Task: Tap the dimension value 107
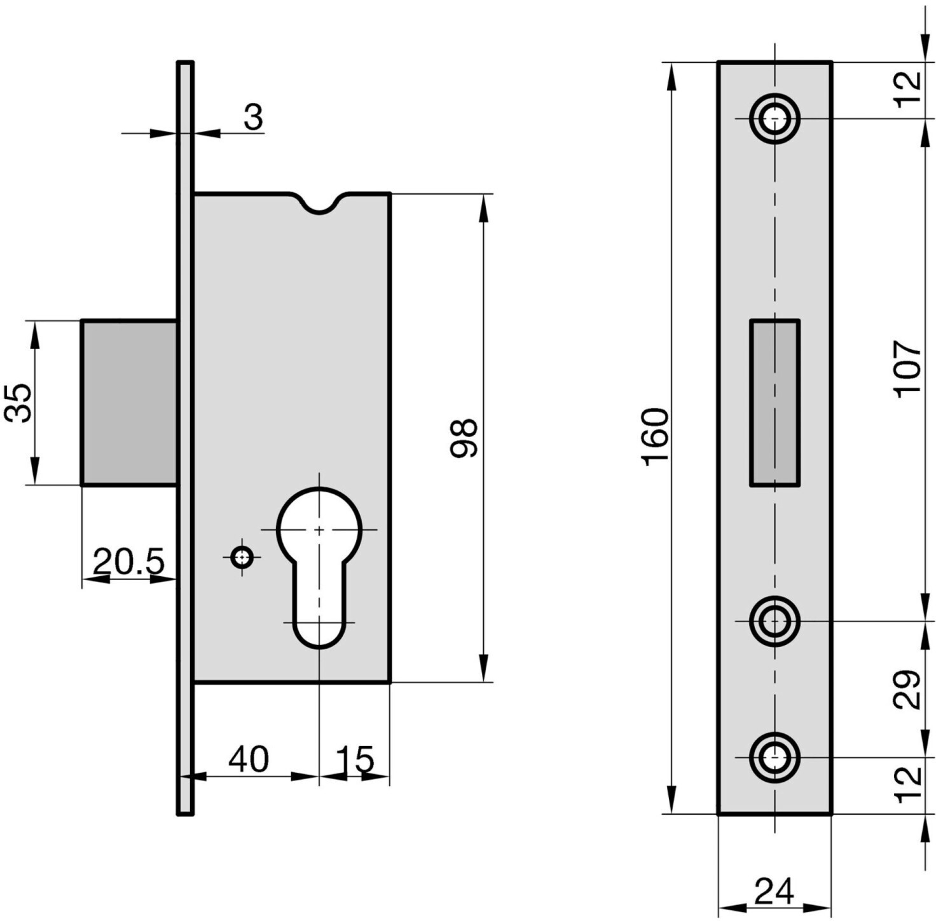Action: point(907,370)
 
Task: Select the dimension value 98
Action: point(463,438)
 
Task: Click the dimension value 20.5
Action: point(128,560)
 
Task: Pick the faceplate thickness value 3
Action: point(253,118)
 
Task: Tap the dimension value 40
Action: point(249,759)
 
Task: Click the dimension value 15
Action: point(355,759)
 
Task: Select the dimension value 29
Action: point(907,689)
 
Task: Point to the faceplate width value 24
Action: point(774,891)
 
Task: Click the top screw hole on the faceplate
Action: point(774,118)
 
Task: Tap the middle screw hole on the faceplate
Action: point(774,620)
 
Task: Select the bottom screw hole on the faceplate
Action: point(774,757)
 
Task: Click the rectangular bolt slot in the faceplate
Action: point(774,403)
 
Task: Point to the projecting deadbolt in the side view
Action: point(129,402)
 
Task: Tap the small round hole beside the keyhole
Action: point(241,558)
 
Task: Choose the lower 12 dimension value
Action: point(908,785)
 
